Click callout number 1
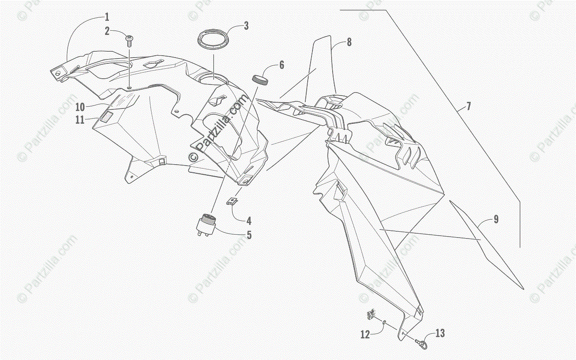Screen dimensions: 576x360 pyautogui.click(x=107, y=17)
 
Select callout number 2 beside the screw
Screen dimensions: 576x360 pyautogui.click(x=107, y=32)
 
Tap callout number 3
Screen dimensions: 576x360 pyautogui.click(x=246, y=26)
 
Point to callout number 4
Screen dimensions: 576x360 pyautogui.click(x=249, y=221)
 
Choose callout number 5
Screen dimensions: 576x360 pyautogui.click(x=249, y=235)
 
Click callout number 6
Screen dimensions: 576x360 pyautogui.click(x=282, y=65)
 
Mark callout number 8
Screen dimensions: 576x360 pyautogui.click(x=349, y=42)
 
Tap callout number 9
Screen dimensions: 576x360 pyautogui.click(x=496, y=219)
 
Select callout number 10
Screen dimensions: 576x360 pyautogui.click(x=80, y=106)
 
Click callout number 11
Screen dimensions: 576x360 pyautogui.click(x=80, y=120)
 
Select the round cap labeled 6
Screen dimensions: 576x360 pyautogui.click(x=260, y=79)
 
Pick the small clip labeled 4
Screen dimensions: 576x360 pyautogui.click(x=233, y=201)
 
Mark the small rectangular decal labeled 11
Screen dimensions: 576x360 pyautogui.click(x=106, y=117)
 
